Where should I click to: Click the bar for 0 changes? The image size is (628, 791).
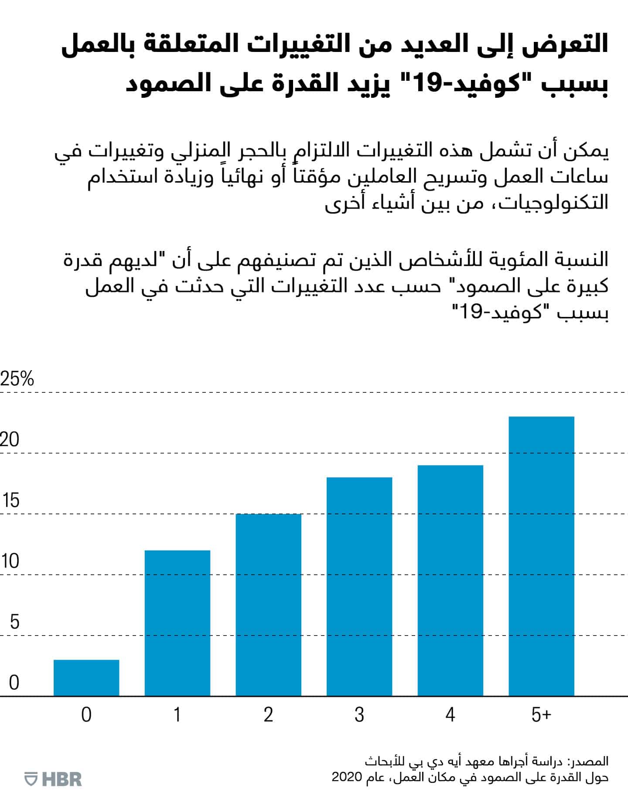pos(86,678)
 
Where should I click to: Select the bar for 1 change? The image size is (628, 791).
pos(177,623)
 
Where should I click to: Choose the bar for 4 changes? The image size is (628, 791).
pos(451,580)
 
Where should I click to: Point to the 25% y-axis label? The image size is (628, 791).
pos(17,379)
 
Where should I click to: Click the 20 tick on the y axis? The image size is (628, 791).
pos(10,440)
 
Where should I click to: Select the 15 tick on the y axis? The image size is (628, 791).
pos(10,500)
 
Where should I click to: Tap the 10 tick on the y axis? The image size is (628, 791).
pos(10,561)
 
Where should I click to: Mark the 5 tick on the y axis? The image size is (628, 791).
pos(14,622)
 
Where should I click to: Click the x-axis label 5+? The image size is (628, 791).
pos(541,715)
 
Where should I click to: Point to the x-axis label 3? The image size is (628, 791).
pos(359,715)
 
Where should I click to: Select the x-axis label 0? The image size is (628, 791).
pos(86,715)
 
